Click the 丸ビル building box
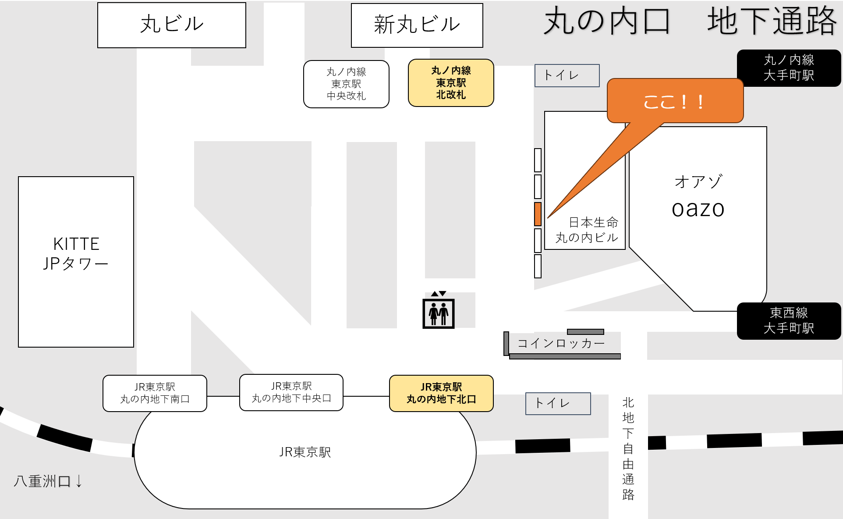171,25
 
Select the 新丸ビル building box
417,25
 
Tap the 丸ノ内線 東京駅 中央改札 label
346,84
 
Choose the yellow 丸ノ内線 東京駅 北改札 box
451,83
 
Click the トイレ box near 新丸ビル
567,75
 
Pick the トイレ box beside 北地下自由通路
558,403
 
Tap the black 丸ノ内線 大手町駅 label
789,68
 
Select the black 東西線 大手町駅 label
789,321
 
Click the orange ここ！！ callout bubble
675,101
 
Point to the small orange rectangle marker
538,214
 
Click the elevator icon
438,313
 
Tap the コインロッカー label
561,344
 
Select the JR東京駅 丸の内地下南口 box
155,393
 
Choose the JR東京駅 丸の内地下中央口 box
291,392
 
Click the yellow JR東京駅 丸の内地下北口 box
441,393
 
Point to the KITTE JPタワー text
76,254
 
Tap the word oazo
698,209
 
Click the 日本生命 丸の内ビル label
587,230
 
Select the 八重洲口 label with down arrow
48,481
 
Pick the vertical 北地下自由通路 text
628,448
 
